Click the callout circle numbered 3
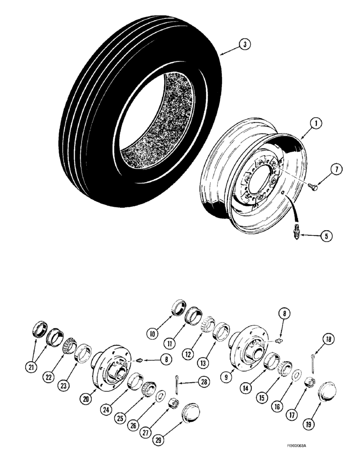[x=243, y=45]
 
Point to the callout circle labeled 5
[x=325, y=236]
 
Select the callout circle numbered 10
[x=151, y=334]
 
